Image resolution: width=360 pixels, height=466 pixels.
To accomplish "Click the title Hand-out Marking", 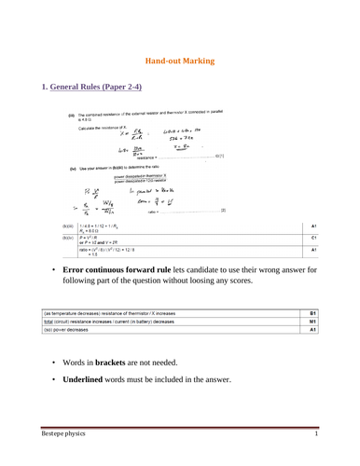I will point(180,57).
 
